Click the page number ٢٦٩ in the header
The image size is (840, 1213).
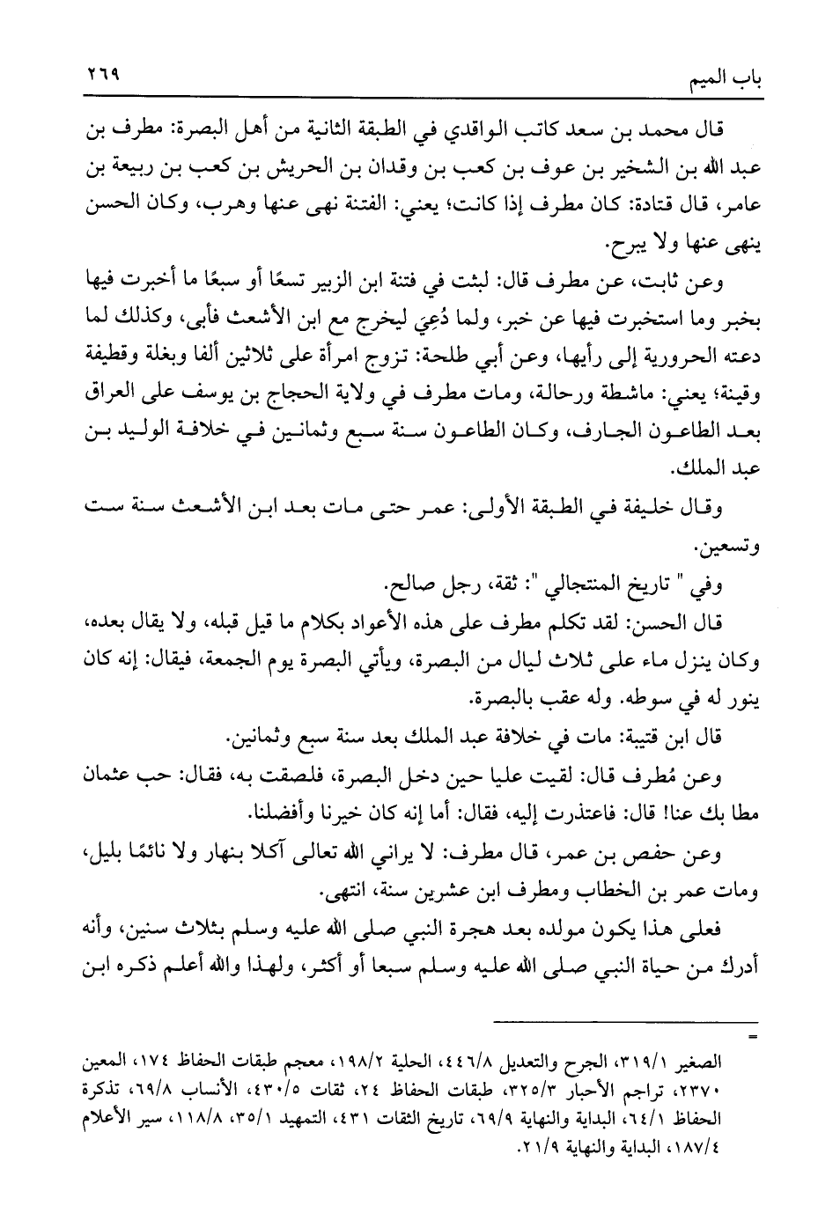[x=102, y=76]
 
